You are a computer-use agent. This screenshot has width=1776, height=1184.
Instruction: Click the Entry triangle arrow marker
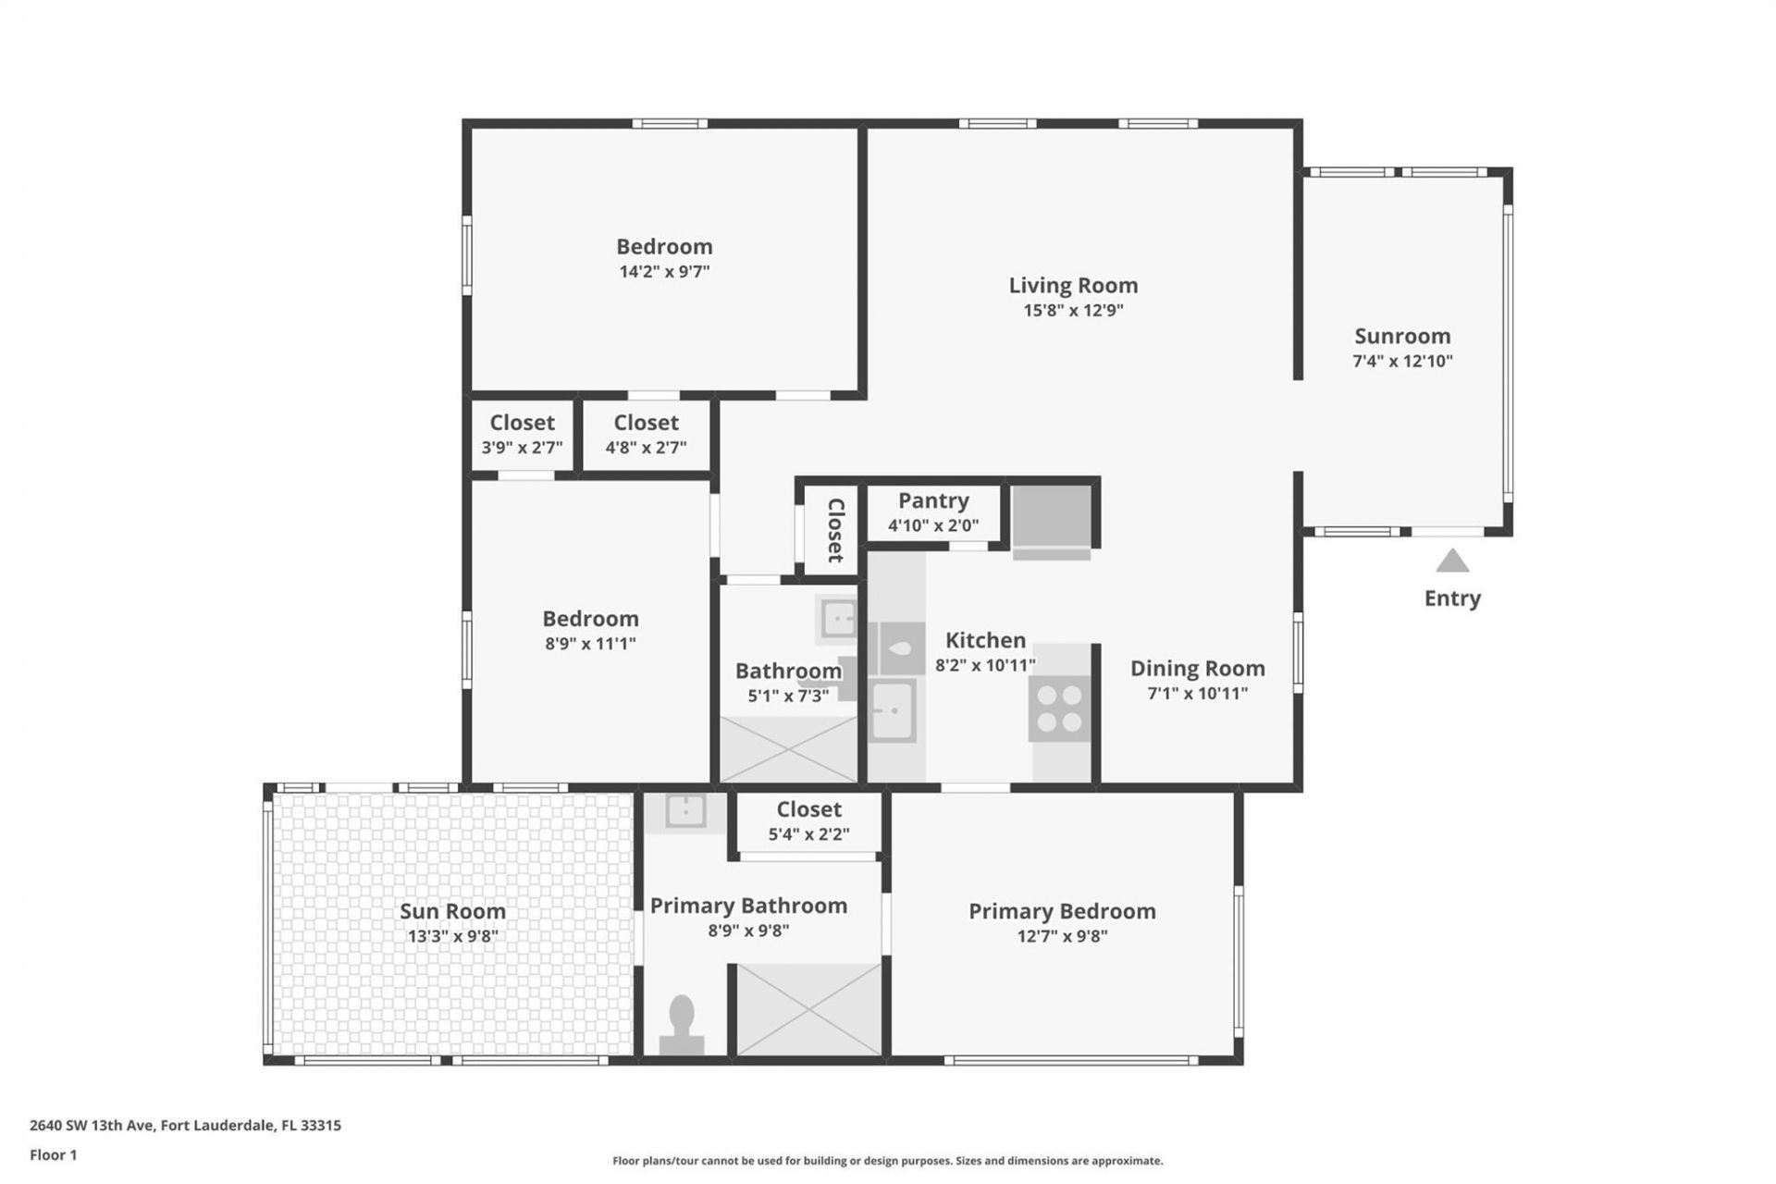(x=1452, y=561)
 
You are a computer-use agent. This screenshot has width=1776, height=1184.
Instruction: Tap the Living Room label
(x=1073, y=286)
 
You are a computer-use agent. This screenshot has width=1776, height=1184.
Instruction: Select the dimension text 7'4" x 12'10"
(x=1402, y=362)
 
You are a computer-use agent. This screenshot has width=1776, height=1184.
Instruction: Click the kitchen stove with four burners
(x=1059, y=709)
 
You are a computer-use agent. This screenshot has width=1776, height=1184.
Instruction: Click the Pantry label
(x=933, y=500)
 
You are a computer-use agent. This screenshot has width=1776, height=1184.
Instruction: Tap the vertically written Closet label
(x=835, y=531)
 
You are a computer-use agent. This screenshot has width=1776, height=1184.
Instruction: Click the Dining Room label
(x=1197, y=669)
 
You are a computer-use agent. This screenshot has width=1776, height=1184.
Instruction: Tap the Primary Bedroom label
(x=1062, y=911)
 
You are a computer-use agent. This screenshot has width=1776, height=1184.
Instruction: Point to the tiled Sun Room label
(x=452, y=911)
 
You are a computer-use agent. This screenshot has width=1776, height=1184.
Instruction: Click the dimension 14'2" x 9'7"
(x=664, y=272)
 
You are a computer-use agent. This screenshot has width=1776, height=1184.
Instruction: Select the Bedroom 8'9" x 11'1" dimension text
(x=590, y=644)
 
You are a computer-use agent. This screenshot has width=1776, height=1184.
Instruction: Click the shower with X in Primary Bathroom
(x=808, y=1009)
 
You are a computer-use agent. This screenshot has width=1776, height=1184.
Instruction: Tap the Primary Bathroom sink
(x=685, y=811)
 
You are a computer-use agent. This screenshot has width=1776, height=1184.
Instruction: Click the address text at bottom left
(x=185, y=1126)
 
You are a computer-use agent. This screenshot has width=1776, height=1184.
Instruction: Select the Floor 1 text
(x=53, y=1155)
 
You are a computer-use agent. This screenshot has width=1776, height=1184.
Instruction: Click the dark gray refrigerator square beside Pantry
(x=1052, y=516)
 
